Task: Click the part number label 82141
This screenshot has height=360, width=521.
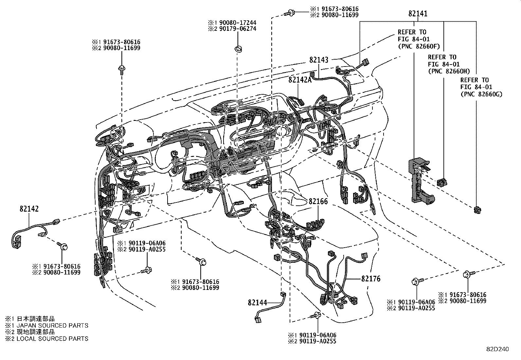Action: click(x=418, y=14)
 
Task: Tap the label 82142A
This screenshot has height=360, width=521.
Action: click(x=300, y=80)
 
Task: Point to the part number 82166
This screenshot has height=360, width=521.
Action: click(x=318, y=202)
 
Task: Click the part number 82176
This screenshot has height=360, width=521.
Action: click(x=371, y=279)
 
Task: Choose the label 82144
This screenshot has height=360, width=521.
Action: click(x=258, y=303)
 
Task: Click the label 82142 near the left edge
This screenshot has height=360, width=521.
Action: click(x=29, y=209)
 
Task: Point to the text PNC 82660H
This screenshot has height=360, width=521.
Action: click(x=449, y=71)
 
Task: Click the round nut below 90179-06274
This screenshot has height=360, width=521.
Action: click(x=239, y=49)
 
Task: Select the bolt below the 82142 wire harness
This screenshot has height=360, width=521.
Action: click(x=63, y=246)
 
